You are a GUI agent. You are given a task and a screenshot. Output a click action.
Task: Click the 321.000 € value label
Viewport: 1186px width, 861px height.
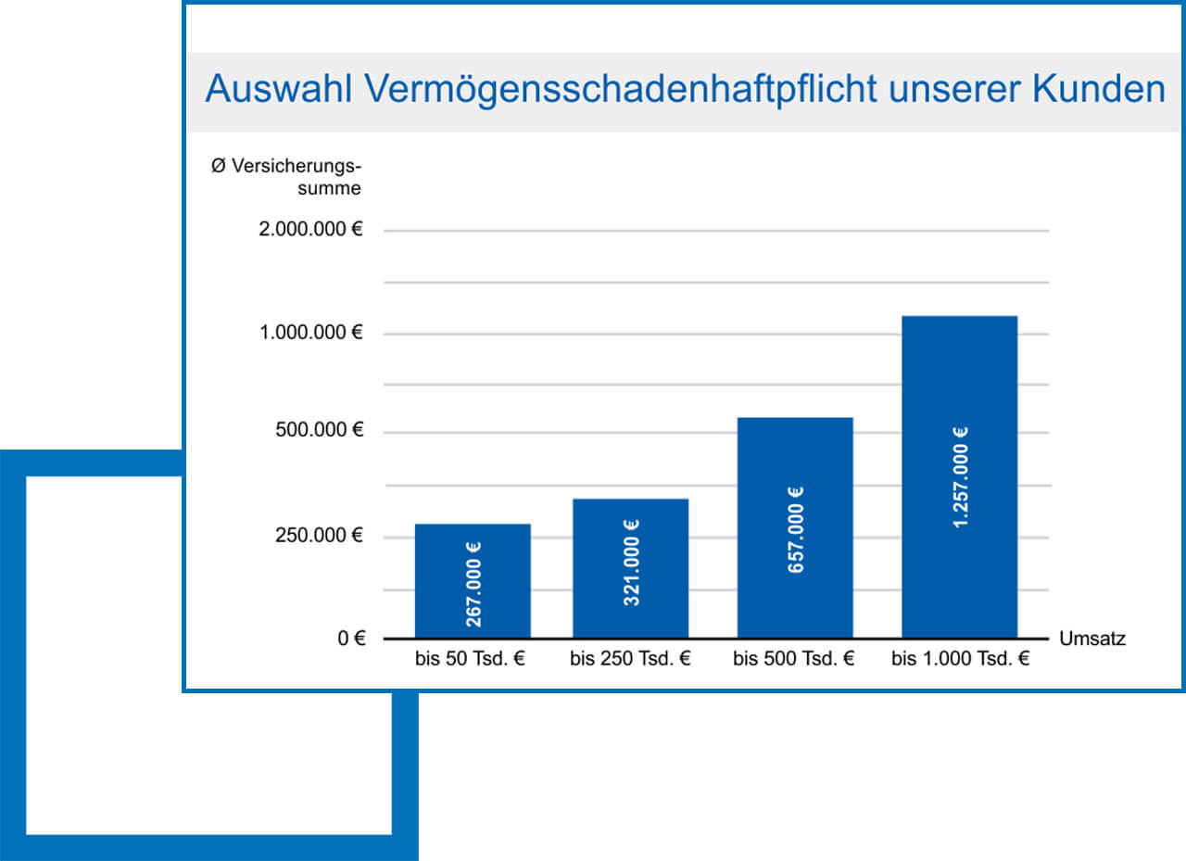point(632,563)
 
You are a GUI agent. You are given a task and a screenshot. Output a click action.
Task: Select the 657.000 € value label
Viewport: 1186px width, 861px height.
point(796,529)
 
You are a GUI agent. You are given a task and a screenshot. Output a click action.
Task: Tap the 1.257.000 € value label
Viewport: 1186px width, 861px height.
point(960,478)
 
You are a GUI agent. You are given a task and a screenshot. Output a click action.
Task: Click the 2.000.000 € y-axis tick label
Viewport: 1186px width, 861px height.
point(310,229)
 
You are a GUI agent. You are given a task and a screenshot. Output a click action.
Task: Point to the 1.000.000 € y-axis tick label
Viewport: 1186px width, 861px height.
point(310,332)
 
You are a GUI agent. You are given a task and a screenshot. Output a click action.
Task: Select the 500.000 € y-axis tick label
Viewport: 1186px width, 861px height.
point(318,431)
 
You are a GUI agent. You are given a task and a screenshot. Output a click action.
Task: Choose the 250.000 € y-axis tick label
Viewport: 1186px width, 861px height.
point(318,536)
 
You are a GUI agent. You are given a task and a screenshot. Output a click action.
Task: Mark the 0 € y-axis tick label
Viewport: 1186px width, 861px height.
point(350,639)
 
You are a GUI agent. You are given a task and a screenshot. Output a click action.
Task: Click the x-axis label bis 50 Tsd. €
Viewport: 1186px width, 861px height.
point(471,660)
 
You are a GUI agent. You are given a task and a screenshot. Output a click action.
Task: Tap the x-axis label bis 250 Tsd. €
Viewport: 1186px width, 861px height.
point(630,660)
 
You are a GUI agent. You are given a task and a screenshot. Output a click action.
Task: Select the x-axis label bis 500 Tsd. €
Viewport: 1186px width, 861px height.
point(794,660)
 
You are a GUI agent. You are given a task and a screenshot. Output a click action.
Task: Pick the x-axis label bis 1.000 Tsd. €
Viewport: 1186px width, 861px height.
point(961,660)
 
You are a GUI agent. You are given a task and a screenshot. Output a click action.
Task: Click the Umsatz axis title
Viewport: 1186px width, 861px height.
point(1091,639)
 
